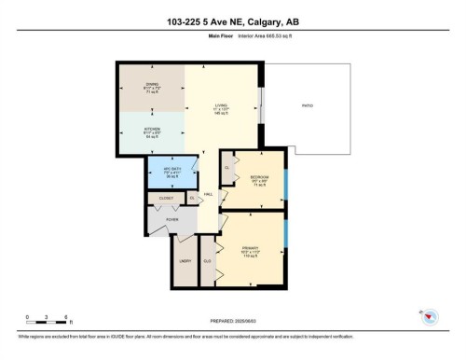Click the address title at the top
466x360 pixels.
tap(232, 21)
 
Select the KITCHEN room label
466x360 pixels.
tap(152, 129)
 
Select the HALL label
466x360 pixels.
tap(210, 194)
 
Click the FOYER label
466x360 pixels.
tap(173, 220)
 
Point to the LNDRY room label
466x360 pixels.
tap(185, 261)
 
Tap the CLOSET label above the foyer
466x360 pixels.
tap(166, 199)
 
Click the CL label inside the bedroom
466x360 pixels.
tap(226, 167)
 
